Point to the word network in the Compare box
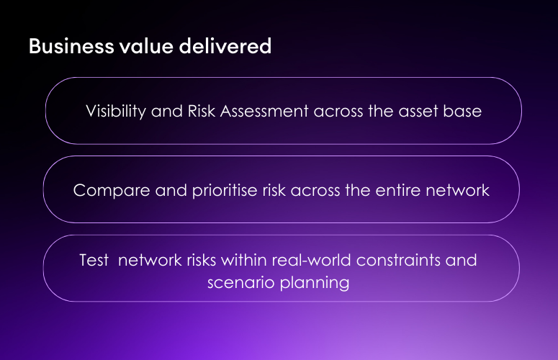(457, 191)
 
